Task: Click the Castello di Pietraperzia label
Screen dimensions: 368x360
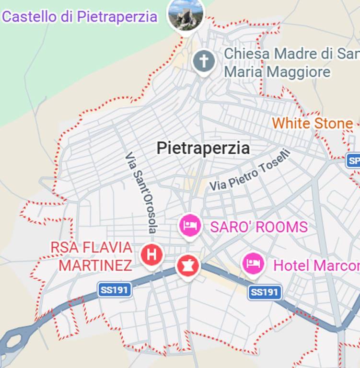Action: (x=80, y=17)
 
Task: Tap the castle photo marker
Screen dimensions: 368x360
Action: (x=186, y=14)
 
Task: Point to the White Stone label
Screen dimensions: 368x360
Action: (x=312, y=124)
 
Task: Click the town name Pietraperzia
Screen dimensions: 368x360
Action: (x=203, y=148)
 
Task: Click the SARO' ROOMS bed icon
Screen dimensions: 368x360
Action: (x=190, y=225)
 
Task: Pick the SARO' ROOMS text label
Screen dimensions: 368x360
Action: (x=258, y=227)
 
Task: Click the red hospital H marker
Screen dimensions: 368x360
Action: (x=151, y=254)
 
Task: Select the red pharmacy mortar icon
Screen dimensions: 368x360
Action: (x=187, y=265)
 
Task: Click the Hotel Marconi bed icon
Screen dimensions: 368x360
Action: (x=253, y=263)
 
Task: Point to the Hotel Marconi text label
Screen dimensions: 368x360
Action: (x=316, y=265)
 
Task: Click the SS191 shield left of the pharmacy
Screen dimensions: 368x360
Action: (x=115, y=289)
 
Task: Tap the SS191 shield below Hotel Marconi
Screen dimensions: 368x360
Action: (x=264, y=292)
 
